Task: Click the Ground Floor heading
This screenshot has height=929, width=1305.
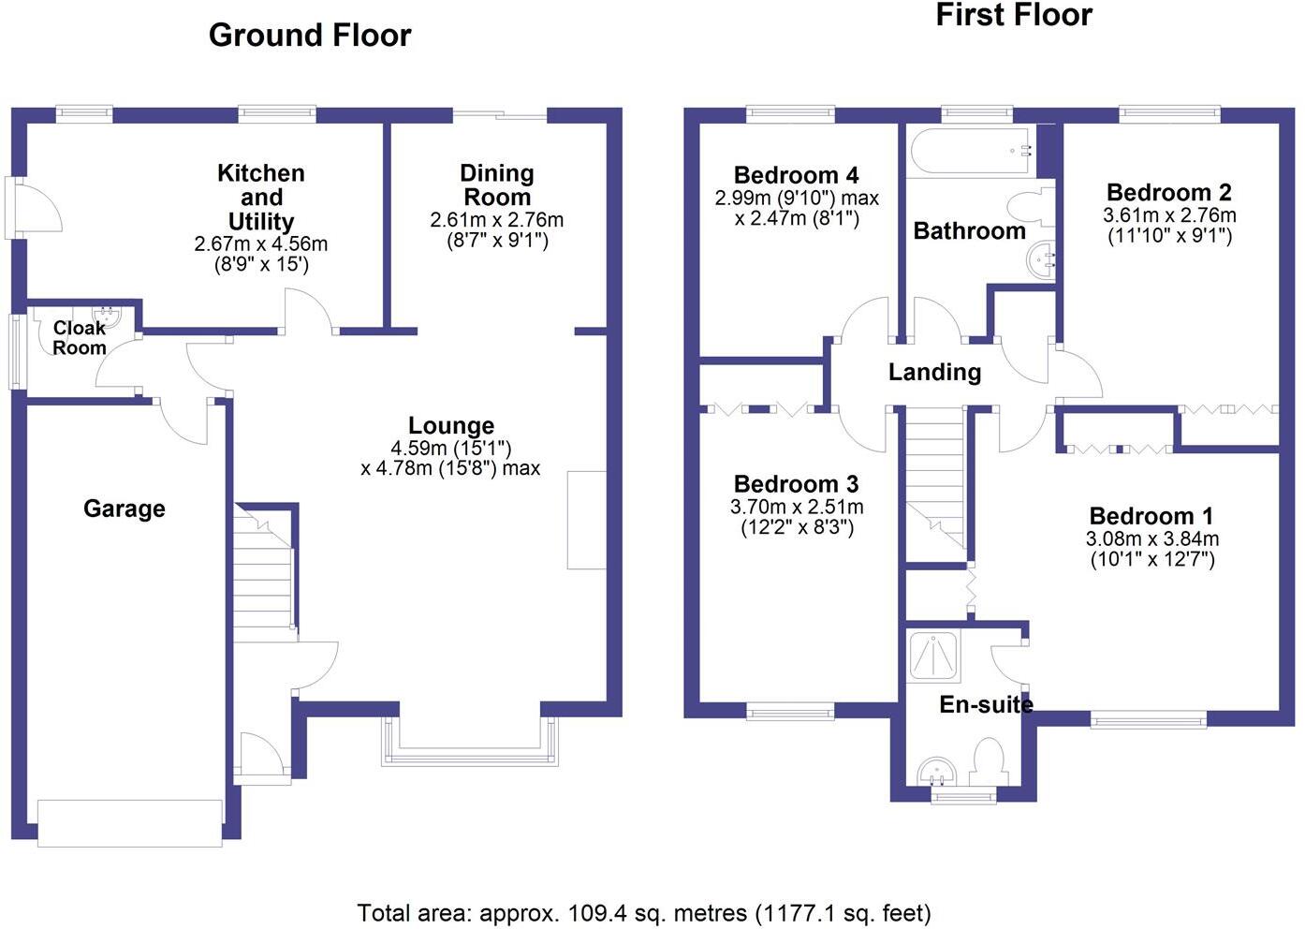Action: point(310,36)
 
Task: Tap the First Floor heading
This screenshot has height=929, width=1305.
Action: point(1014,15)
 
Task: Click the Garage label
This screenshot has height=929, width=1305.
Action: point(125,509)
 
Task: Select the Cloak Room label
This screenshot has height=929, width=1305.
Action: point(80,338)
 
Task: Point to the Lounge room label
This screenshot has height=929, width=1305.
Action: point(451,425)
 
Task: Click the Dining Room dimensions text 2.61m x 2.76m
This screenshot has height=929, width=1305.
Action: point(497,220)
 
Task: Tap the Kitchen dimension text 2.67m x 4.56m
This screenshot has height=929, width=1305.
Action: point(261,243)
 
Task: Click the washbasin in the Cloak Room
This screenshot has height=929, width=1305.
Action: point(107,316)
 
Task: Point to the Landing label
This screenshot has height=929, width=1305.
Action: point(934,373)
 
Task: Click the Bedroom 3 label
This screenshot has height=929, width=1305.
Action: point(797,484)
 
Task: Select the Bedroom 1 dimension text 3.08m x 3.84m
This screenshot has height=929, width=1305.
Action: point(1152,538)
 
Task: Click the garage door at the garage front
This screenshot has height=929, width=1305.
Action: point(130,823)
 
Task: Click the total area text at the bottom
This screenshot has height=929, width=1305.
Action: point(644,913)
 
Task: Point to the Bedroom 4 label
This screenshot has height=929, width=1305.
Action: point(797,175)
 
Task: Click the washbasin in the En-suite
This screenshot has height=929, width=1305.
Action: point(937,773)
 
